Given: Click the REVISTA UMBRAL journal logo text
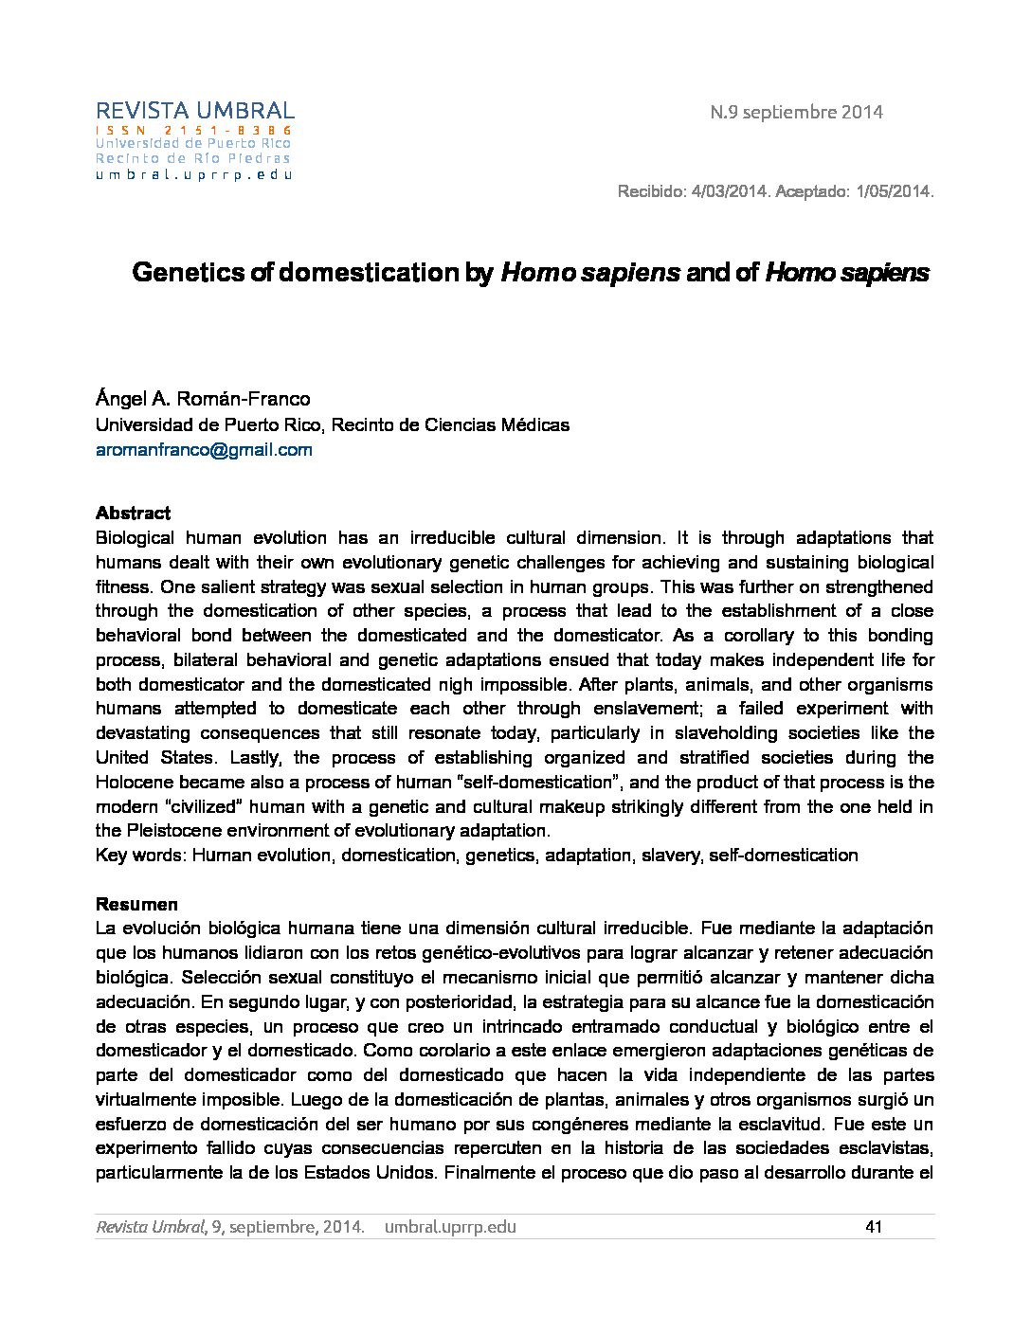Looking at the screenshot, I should pyautogui.click(x=194, y=111).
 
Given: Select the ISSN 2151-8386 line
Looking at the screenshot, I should pyautogui.click(x=194, y=130).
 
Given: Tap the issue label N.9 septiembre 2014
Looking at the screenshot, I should pyautogui.click(x=796, y=112).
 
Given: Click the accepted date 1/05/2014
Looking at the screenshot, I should pyautogui.click(x=894, y=191).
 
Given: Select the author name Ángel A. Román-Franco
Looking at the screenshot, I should pyautogui.click(x=203, y=399).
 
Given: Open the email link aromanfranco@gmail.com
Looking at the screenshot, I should pyautogui.click(x=204, y=450).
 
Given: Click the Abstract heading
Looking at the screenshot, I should pyautogui.click(x=133, y=514).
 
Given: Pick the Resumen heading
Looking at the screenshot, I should pyautogui.click(x=136, y=904).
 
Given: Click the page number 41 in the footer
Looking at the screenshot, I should pyautogui.click(x=874, y=1227).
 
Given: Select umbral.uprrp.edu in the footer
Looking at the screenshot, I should pyautogui.click(x=450, y=1227).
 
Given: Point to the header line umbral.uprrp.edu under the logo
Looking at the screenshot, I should pyautogui.click(x=193, y=174).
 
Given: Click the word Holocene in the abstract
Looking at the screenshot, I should pyautogui.click(x=133, y=783).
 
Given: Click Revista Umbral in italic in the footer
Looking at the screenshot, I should pyautogui.click(x=151, y=1227).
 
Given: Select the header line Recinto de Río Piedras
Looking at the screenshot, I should pyautogui.click(x=192, y=158).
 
